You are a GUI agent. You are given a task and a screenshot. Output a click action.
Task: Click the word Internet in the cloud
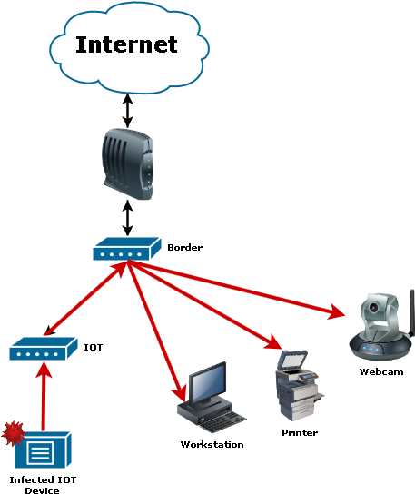tap(126, 44)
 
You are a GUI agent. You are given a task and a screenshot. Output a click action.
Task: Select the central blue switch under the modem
tap(126, 248)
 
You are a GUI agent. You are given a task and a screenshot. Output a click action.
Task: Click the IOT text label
tap(93, 347)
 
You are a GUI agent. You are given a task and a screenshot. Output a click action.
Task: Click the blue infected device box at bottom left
tap(44, 450)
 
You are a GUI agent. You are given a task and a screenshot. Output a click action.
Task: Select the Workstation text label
tap(212, 444)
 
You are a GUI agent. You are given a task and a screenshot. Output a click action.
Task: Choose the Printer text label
tap(299, 432)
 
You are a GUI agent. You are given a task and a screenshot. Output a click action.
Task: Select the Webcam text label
tap(380, 371)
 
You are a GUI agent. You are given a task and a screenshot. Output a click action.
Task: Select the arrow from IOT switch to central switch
tap(82, 301)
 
